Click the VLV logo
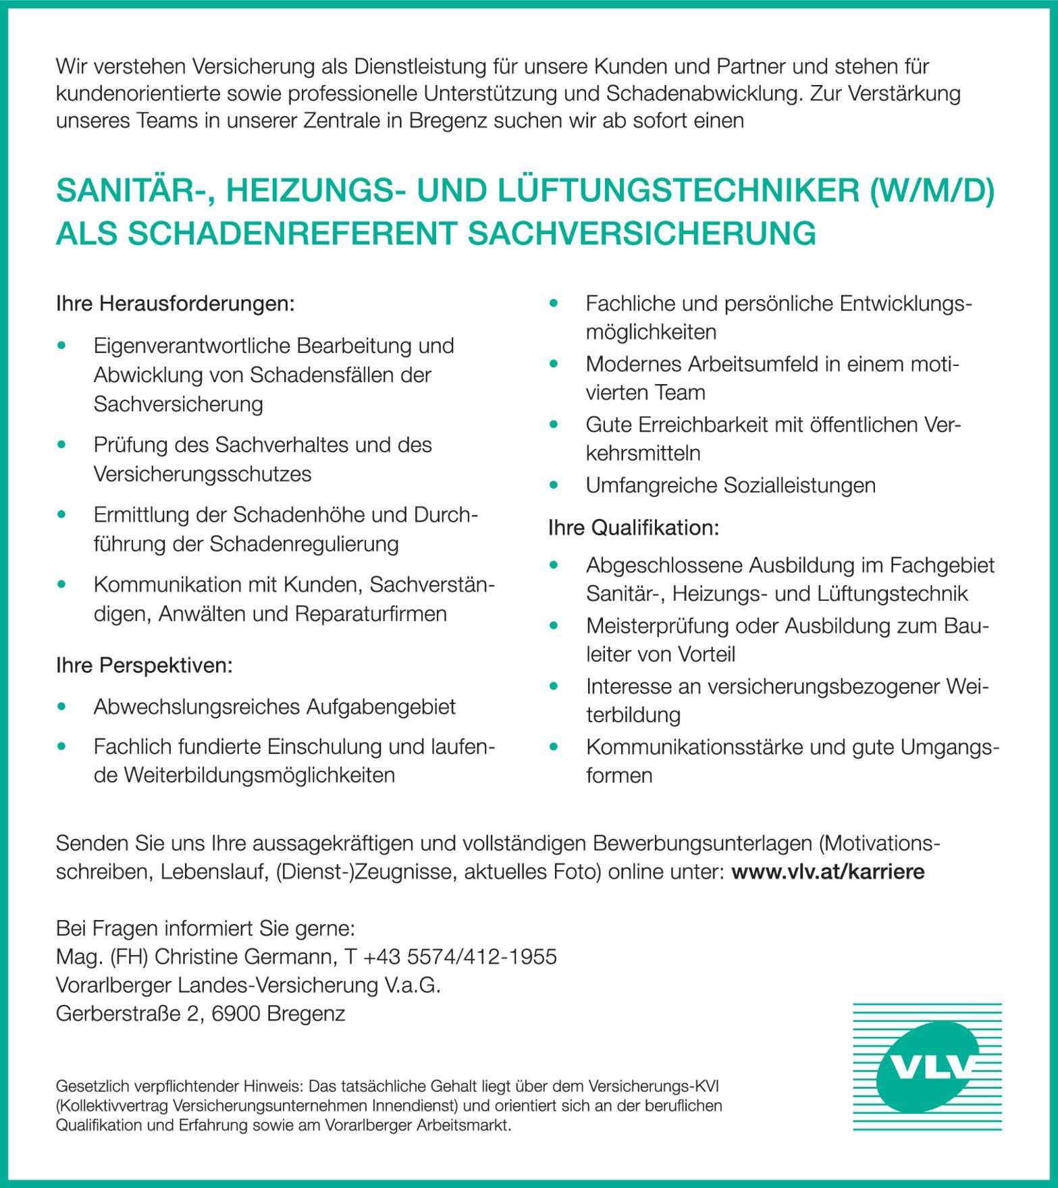tap(927, 1066)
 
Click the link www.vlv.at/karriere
tap(828, 871)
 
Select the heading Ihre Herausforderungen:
tap(175, 304)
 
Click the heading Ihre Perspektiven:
tap(144, 666)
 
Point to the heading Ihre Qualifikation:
tap(633, 528)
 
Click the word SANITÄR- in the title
tap(136, 191)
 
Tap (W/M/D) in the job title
tap(932, 191)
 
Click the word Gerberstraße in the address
tap(117, 1013)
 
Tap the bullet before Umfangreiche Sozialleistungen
tap(554, 485)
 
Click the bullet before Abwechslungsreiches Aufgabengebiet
tap(62, 707)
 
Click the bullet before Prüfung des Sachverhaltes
tap(62, 445)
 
